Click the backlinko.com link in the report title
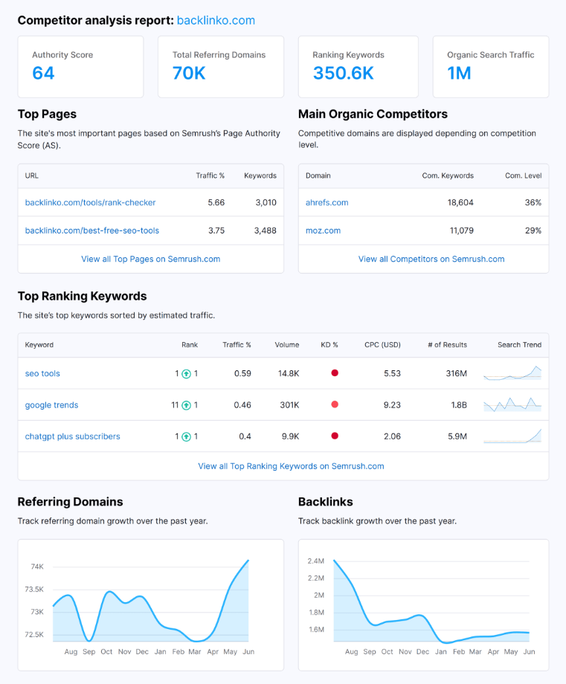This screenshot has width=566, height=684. point(216,20)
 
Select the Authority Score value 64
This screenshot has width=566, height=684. point(43,73)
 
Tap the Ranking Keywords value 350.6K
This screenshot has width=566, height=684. point(343,73)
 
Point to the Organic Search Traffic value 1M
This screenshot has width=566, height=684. point(459,73)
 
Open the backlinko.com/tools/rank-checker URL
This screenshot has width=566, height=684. point(90,202)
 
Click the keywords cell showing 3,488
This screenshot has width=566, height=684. point(265,230)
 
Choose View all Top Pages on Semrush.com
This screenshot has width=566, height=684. point(150,259)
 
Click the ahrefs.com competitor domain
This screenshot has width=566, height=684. point(327,202)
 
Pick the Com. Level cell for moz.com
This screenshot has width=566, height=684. point(533,230)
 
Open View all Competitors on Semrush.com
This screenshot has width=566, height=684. point(431,259)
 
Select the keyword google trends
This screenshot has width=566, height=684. point(51,405)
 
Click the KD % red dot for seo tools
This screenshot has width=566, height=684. point(335,373)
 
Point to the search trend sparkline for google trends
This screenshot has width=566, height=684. point(512,404)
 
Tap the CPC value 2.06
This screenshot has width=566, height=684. point(392,436)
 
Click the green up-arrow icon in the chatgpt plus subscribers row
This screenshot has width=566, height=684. point(186,436)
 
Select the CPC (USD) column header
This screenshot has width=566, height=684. point(382,345)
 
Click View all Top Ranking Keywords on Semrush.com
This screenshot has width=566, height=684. point(291,466)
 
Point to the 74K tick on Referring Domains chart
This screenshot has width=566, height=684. point(37,567)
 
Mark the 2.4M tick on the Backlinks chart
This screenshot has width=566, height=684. point(315,561)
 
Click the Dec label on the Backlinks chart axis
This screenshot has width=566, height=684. point(423,651)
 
